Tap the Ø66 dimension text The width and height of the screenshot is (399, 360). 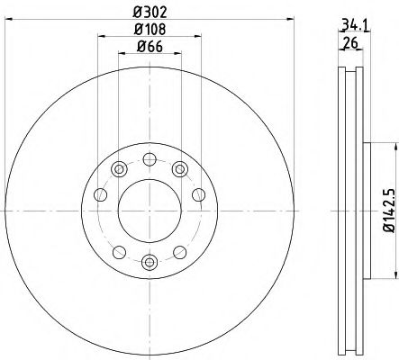point(150,46)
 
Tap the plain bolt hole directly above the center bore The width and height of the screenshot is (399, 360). point(150,159)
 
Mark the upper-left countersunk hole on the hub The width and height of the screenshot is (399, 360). point(118,168)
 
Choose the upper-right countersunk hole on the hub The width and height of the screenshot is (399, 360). point(180,168)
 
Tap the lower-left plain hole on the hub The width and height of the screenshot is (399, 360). point(118,251)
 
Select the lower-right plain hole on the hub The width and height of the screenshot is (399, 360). point(180,251)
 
